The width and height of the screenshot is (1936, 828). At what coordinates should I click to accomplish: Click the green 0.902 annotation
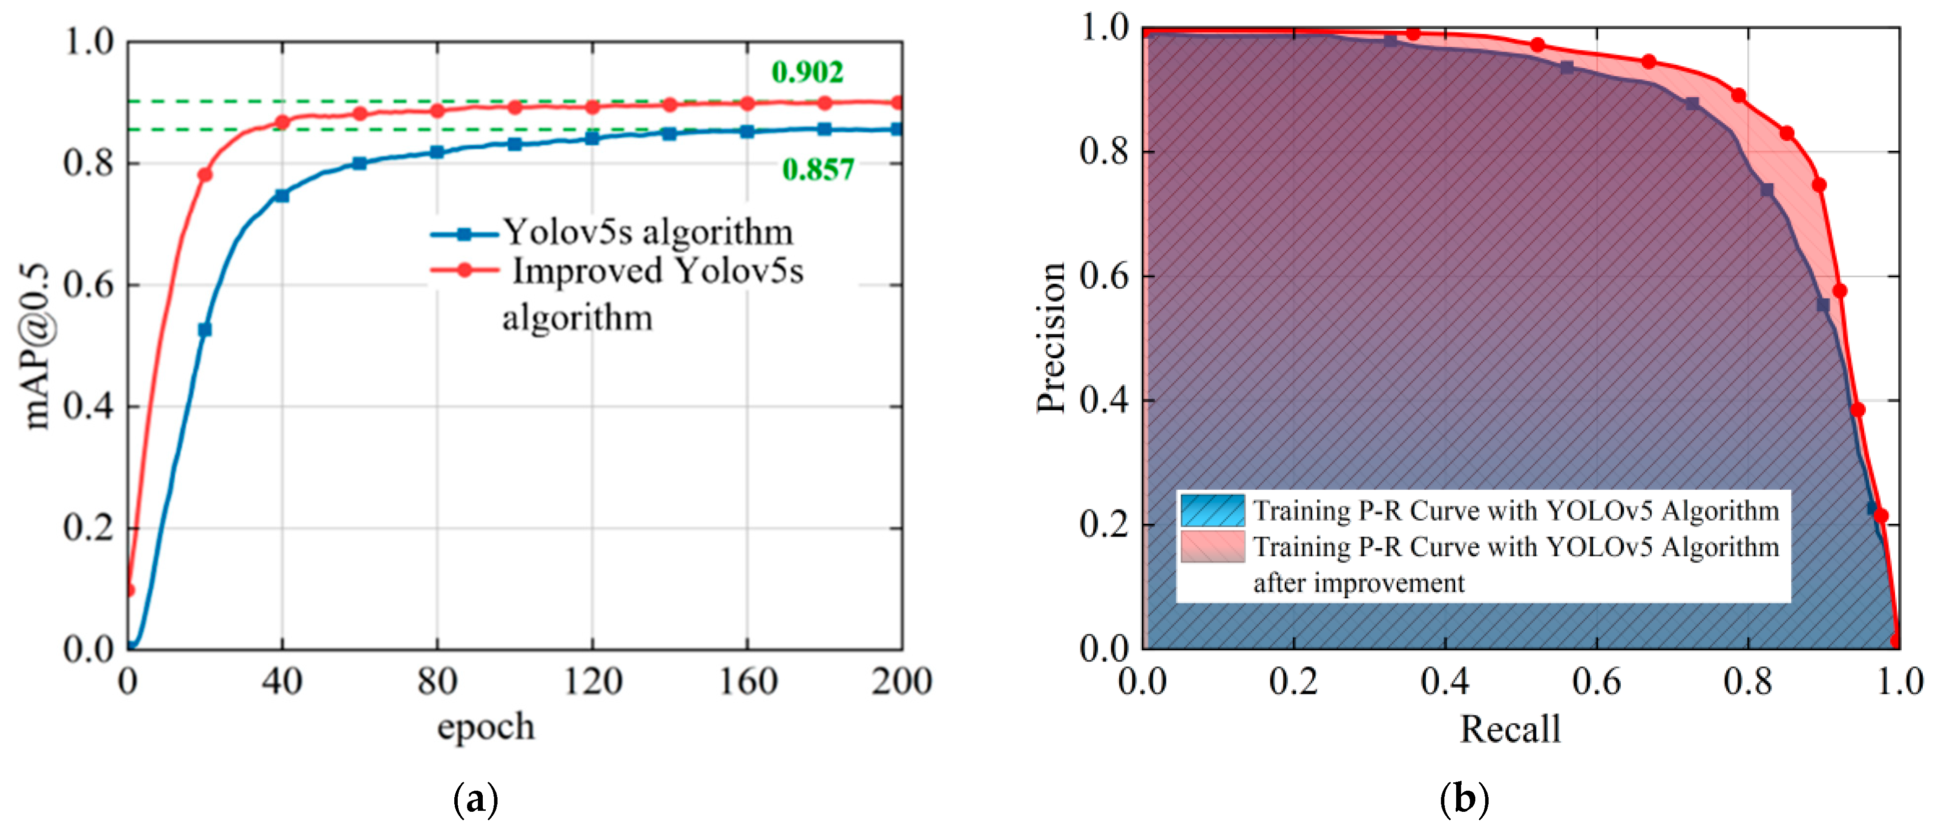pos(807,72)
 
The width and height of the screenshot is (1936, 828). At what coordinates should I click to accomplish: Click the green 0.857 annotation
pos(818,170)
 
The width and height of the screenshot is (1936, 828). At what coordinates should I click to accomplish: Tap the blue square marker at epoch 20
pos(204,330)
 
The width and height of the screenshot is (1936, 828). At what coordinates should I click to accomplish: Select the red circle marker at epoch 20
pos(204,174)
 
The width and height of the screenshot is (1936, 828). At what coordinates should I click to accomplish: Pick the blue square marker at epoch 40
pos(282,195)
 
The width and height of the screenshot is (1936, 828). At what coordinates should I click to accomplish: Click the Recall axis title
pos(1510,729)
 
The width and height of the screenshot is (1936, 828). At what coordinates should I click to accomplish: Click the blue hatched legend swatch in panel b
pos(1212,510)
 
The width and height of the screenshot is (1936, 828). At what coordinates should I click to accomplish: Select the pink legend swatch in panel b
pos(1212,546)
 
